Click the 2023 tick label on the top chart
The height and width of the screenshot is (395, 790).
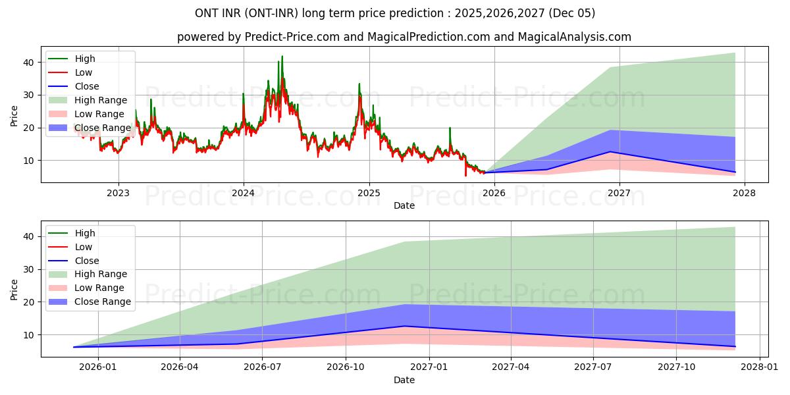(x=118, y=193)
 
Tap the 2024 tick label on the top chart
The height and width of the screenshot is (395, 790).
(x=244, y=193)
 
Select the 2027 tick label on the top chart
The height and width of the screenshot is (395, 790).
(x=619, y=193)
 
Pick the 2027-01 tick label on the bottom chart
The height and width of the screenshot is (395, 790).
(x=429, y=367)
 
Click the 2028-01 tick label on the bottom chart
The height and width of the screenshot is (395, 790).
(x=760, y=367)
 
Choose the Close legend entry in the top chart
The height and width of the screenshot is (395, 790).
(x=87, y=86)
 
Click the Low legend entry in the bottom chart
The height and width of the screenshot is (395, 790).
(x=84, y=247)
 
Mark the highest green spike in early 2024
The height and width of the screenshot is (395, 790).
(x=282, y=57)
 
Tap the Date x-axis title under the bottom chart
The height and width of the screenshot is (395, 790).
(x=404, y=380)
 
